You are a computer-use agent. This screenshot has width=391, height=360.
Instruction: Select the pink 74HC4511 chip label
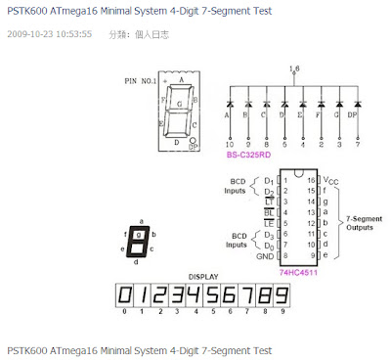click(298, 272)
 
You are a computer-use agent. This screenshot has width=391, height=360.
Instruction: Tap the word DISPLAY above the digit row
click(203, 277)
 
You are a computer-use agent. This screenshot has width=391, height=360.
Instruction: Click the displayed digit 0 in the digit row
click(124, 294)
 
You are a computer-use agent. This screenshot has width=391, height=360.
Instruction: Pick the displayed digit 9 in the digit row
click(283, 294)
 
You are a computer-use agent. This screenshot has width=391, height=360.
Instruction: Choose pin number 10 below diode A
click(228, 143)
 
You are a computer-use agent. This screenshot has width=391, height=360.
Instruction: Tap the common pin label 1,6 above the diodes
click(294, 68)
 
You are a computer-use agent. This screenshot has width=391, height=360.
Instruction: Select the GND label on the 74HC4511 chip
click(264, 256)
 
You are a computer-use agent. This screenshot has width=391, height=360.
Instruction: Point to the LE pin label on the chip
click(268, 224)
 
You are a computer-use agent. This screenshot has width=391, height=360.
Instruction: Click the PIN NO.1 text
click(143, 80)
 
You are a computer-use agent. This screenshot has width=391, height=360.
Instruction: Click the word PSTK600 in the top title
click(26, 10)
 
